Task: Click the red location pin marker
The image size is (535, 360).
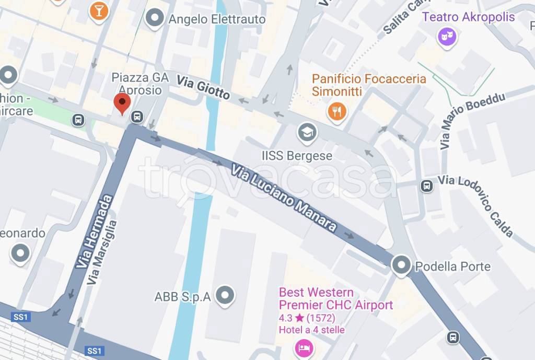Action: click(122, 103)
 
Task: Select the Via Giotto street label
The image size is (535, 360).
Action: click(203, 87)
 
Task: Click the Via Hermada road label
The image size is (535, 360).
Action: click(94, 231)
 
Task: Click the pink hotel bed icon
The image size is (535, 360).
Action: click(304, 347)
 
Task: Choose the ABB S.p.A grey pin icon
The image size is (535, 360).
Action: click(225, 295)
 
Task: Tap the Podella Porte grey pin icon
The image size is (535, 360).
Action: click(401, 265)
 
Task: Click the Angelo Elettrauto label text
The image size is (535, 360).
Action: click(217, 20)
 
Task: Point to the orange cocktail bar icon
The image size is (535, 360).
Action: click(98, 10)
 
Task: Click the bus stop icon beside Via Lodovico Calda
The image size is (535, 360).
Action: click(427, 185)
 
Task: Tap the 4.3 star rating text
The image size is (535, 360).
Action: click(307, 318)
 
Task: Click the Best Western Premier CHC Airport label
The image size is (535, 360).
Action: click(335, 298)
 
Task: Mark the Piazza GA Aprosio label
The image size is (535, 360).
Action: click(140, 84)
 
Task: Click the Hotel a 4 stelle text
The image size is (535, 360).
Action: click(311, 330)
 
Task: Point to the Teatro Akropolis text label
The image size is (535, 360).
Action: click(468, 17)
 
